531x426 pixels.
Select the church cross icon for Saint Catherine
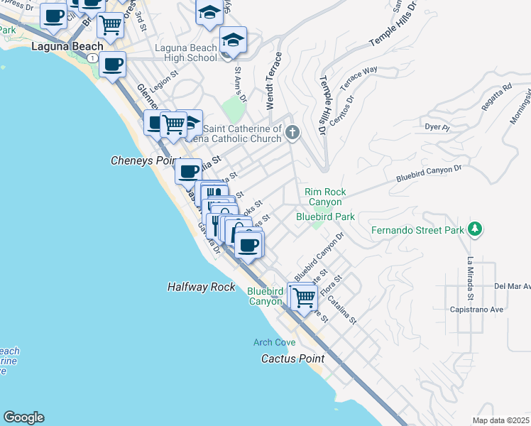click(x=292, y=132)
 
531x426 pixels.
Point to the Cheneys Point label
click(x=142, y=161)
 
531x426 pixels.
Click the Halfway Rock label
click(x=201, y=287)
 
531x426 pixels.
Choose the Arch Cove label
click(x=274, y=343)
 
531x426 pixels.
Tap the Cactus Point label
click(x=292, y=359)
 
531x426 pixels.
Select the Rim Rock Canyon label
click(x=325, y=197)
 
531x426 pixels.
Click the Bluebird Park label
click(x=325, y=216)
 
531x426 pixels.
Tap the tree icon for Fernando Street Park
click(x=476, y=229)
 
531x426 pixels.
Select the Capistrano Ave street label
click(x=476, y=310)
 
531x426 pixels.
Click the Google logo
click(x=23, y=417)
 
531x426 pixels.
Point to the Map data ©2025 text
click(x=500, y=420)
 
